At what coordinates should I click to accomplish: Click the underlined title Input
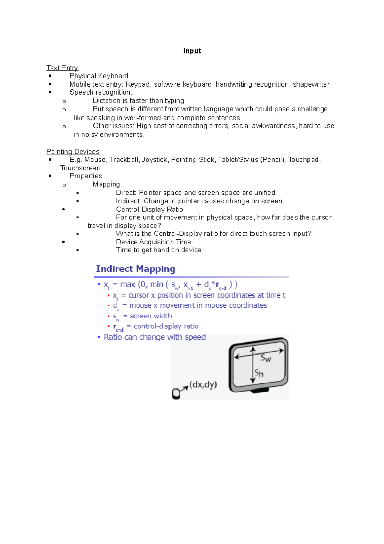pos(192,51)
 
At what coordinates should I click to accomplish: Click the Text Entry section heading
pos(62,68)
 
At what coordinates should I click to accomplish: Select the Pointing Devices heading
pos(73,152)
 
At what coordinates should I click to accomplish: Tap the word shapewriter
pos(311,84)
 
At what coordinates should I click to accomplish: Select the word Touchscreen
pos(80,168)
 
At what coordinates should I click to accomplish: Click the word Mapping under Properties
pos(106,184)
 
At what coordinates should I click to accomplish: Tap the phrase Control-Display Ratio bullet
pos(149,209)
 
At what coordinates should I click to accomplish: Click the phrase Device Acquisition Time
pos(153,242)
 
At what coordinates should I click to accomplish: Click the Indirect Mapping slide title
pos(135,269)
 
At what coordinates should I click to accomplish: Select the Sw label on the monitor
pos(266,358)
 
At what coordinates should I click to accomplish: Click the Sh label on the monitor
pos(259,373)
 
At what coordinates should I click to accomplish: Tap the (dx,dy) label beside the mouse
pos(203,384)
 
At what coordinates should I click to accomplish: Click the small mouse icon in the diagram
pos(176,393)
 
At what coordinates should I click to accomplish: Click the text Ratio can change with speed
pos(155,337)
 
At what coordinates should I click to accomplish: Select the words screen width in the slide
pos(151,316)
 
